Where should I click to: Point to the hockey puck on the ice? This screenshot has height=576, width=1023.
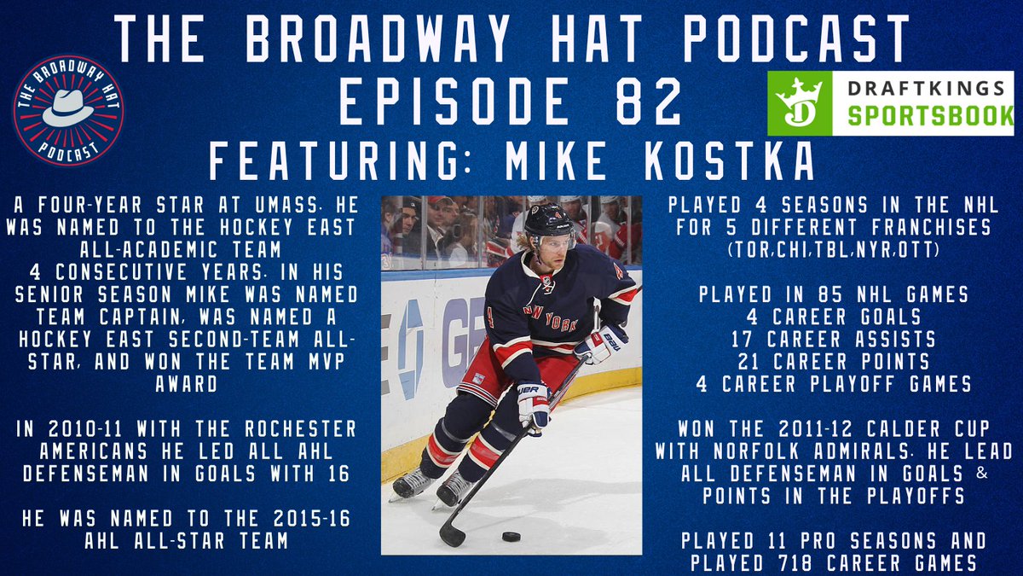[511, 537]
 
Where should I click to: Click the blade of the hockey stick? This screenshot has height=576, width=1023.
[452, 533]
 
